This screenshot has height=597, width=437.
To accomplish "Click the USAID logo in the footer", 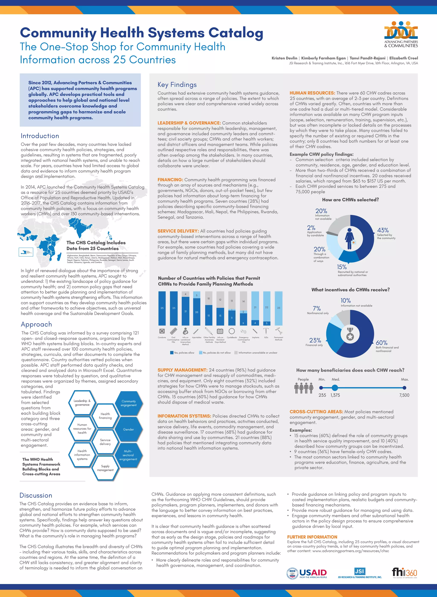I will click(x=307, y=573).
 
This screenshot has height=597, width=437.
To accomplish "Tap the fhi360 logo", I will click(x=404, y=573).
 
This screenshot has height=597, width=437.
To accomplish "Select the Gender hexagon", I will click(x=128, y=429).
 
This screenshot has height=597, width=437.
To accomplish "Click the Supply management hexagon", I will click(x=105, y=468).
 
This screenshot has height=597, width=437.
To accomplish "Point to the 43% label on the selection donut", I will click(x=383, y=230).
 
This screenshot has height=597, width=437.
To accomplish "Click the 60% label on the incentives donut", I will click(x=382, y=342).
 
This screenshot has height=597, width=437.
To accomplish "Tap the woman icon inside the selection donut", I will click(x=350, y=238).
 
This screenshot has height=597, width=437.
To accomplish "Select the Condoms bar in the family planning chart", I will click(x=162, y=308).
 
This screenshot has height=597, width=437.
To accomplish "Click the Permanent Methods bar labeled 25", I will click(x=278, y=308).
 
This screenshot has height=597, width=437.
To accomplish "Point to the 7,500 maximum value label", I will click(x=404, y=395).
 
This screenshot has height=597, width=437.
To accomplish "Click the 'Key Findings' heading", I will click(x=177, y=85).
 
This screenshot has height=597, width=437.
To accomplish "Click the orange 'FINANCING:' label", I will click(x=170, y=180).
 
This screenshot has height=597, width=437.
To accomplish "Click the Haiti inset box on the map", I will click(x=26, y=252).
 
